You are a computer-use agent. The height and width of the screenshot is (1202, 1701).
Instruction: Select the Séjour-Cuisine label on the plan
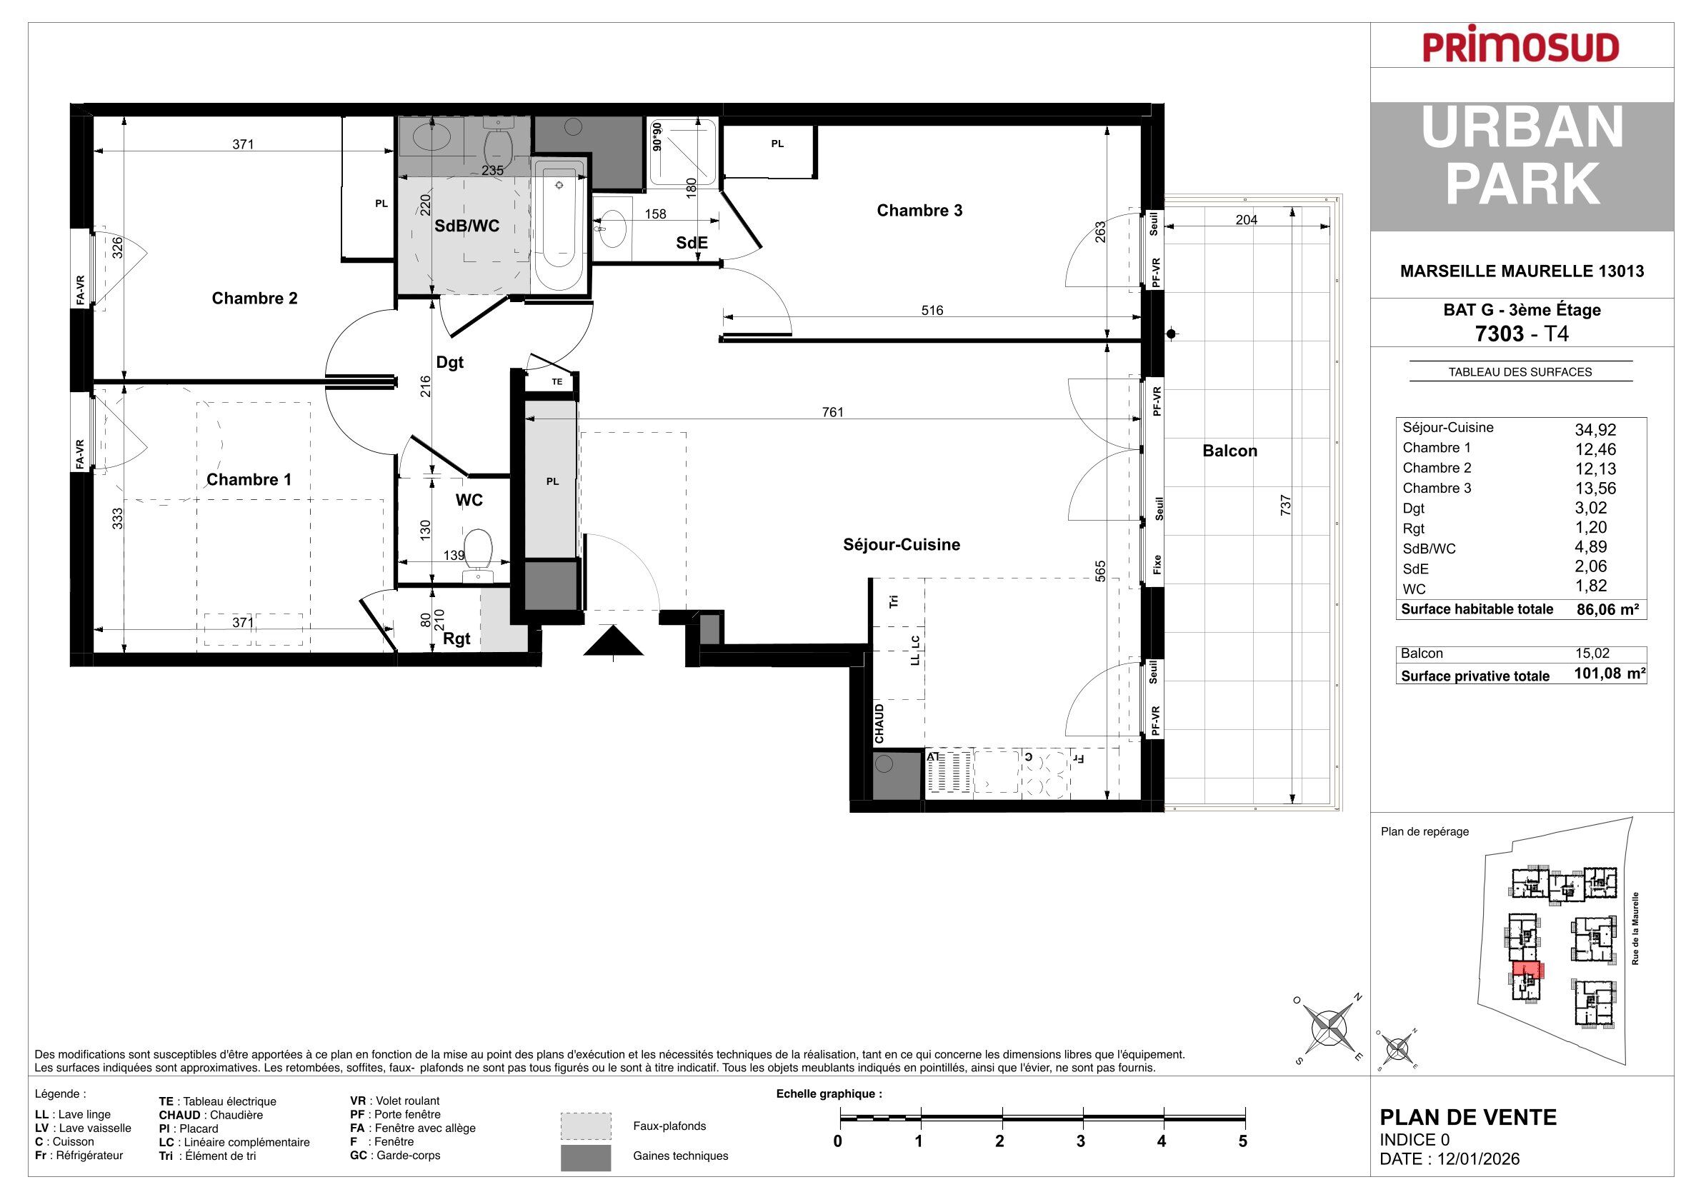pyautogui.click(x=902, y=545)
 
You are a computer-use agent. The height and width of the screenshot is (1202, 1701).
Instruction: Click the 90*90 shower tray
pyautogui.click(x=682, y=152)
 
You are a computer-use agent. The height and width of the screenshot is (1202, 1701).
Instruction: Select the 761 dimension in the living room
pyautogui.click(x=833, y=413)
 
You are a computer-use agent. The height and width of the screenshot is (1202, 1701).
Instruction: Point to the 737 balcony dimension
pyautogui.click(x=1285, y=505)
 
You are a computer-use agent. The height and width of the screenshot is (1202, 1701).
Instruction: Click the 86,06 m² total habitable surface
pyautogui.click(x=1607, y=609)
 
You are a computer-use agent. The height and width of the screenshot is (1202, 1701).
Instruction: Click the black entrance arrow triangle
pyautogui.click(x=614, y=641)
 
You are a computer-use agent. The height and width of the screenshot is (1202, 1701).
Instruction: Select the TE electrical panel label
pyautogui.click(x=557, y=382)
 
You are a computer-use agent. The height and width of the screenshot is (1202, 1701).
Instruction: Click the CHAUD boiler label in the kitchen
pyautogui.click(x=879, y=724)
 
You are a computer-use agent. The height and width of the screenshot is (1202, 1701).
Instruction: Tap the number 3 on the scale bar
pyautogui.click(x=1081, y=1141)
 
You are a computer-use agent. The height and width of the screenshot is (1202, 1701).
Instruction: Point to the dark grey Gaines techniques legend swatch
pyautogui.click(x=585, y=1158)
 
